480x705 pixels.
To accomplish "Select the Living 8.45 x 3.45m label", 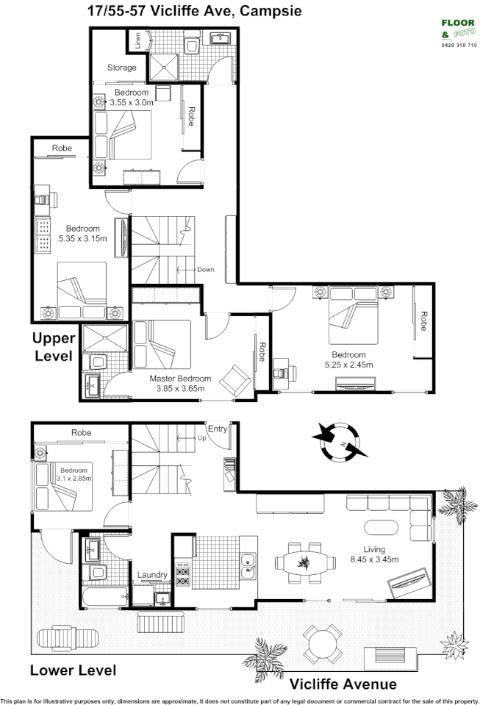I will click(380, 554).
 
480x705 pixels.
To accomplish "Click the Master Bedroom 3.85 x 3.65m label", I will click(180, 383).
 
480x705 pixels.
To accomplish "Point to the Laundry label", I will click(152, 575).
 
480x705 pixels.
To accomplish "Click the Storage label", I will click(122, 68).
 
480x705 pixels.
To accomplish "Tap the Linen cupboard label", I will click(137, 40).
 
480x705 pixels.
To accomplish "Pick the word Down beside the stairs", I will click(205, 269).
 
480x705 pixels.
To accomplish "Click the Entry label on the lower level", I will click(218, 429).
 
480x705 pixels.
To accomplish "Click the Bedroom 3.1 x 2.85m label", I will click(74, 475).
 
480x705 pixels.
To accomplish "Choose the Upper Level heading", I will click(52, 347).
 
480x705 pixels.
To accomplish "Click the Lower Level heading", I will click(73, 670).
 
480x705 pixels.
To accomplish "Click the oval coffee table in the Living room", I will click(381, 527).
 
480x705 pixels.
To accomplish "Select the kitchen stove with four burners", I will click(182, 575).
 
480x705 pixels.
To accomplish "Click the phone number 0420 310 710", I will click(459, 46).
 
